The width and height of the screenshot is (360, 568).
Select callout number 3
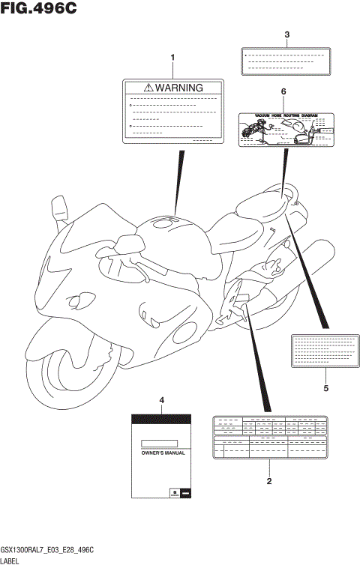pyautogui.click(x=286, y=34)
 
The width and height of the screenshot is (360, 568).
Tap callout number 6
pyautogui.click(x=283, y=91)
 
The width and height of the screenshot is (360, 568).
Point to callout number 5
pyautogui.click(x=325, y=388)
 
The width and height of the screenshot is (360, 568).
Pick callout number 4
pyautogui.click(x=161, y=402)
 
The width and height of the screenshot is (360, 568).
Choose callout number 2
pyautogui.click(x=268, y=481)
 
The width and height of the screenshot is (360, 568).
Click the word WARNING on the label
pyautogui.click(x=178, y=88)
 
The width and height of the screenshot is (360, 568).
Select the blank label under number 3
pyautogui.click(x=286, y=61)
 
